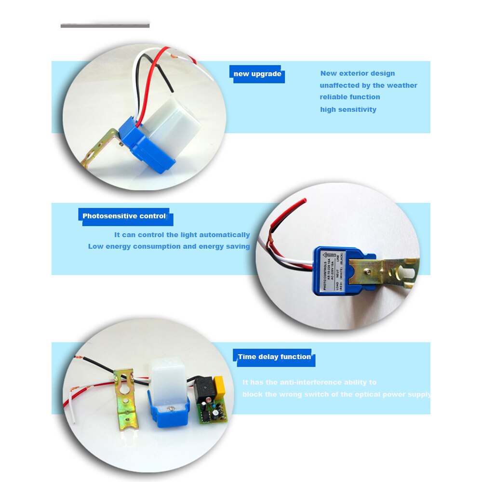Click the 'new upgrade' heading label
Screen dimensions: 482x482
click(x=257, y=74)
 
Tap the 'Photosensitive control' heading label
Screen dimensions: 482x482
click(x=124, y=216)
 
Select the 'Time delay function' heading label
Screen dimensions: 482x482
click(x=274, y=357)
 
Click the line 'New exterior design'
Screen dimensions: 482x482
click(x=358, y=74)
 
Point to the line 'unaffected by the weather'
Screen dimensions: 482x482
click(x=368, y=86)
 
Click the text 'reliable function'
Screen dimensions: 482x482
click(x=350, y=97)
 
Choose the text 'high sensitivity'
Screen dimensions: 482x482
click(x=348, y=110)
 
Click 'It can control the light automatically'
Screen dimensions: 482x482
click(x=182, y=235)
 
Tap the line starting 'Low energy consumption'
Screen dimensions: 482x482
click(x=169, y=247)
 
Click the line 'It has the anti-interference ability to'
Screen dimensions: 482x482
click(x=309, y=383)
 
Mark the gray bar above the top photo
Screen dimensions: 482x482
click(x=105, y=25)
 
